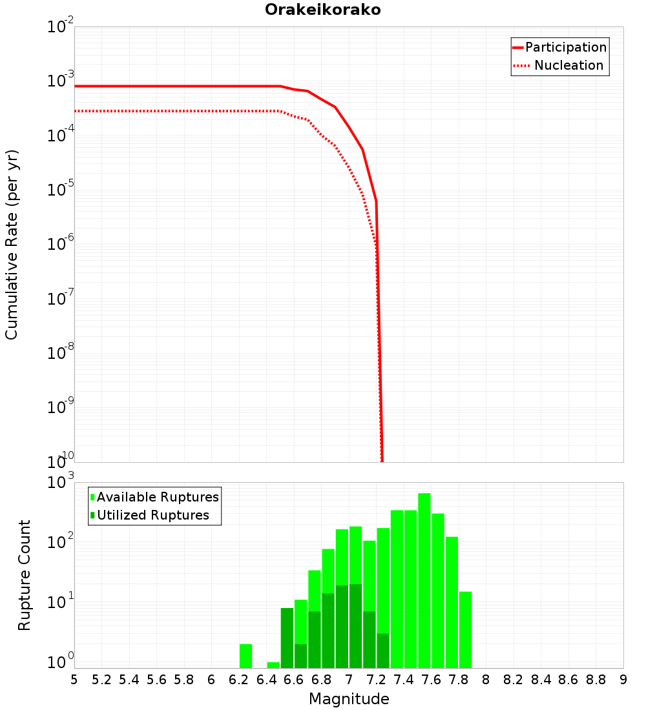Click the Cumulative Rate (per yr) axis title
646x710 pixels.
click(x=12, y=244)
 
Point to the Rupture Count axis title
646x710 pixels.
click(x=25, y=574)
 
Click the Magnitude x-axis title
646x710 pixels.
click(x=349, y=699)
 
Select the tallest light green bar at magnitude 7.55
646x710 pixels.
click(x=424, y=581)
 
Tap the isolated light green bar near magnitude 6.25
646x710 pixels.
click(x=245, y=656)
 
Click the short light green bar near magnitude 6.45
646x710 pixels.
click(x=273, y=665)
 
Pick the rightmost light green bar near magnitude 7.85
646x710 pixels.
click(x=465, y=629)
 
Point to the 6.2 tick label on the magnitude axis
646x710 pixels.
click(x=239, y=680)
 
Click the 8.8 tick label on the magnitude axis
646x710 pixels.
click(x=596, y=680)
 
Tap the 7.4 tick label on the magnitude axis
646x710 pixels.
click(x=404, y=680)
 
